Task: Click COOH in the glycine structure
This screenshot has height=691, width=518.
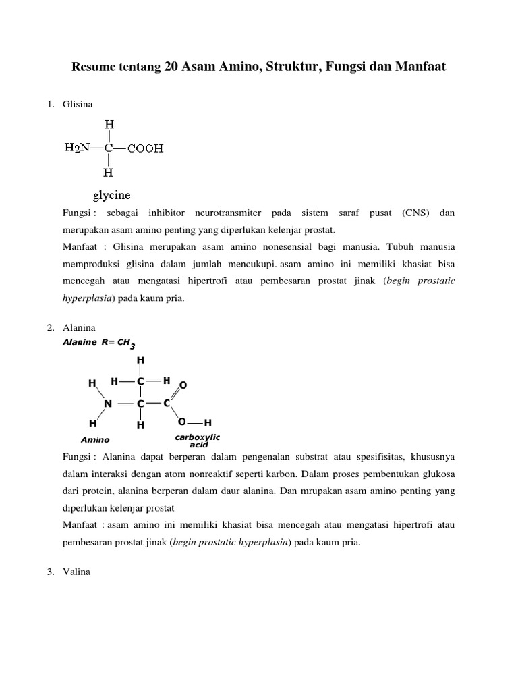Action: (146, 148)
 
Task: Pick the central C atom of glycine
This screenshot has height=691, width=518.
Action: (109, 148)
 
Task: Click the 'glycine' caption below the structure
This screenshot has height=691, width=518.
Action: (111, 196)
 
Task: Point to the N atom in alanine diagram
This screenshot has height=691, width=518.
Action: (107, 404)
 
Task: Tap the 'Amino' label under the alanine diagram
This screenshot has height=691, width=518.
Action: (95, 439)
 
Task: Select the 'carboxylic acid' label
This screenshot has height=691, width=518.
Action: (198, 441)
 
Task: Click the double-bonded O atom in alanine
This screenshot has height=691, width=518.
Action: (183, 385)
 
